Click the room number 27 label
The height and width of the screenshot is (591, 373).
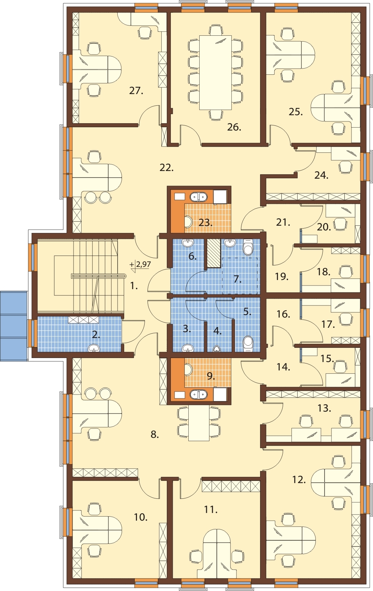(136, 91)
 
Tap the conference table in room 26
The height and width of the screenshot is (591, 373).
(215, 73)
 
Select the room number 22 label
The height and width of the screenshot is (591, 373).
(166, 168)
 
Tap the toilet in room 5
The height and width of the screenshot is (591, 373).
(248, 344)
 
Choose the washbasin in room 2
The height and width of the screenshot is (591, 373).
(94, 348)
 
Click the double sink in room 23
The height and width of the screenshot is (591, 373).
(199, 197)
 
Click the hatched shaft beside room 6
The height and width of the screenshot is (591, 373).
(213, 253)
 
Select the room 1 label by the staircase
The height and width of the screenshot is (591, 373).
(134, 286)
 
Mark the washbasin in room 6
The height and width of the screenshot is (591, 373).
(188, 243)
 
